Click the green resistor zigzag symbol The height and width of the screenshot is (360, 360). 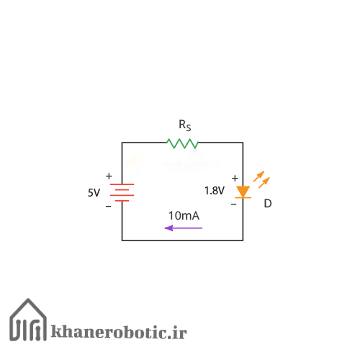coord(182,143)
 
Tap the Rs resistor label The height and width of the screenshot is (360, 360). coord(185,125)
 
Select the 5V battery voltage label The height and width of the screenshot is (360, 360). coord(94,193)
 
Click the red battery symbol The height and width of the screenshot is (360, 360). coord(122,192)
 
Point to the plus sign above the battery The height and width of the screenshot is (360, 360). coord(109,176)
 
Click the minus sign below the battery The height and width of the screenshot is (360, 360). coord(109,206)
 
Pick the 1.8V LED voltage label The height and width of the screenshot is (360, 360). coord(215,191)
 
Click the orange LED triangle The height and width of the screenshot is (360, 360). coord(243,192)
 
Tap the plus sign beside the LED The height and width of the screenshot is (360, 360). coord(235,178)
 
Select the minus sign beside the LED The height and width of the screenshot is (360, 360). coord(234,204)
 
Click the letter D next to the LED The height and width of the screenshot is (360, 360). coord(268,204)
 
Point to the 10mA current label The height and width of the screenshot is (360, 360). coord(184,215)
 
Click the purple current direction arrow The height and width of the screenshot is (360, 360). coord(184,228)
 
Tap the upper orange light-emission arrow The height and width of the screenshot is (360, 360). coord(258,176)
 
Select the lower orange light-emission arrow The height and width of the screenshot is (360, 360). coord(264,183)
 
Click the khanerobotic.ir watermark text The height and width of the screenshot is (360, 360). coord(119,332)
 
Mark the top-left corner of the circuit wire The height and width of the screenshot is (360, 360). coord(122,143)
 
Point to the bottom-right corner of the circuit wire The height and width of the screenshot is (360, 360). coord(243,240)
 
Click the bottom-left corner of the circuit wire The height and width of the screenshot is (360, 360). coord(122,240)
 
